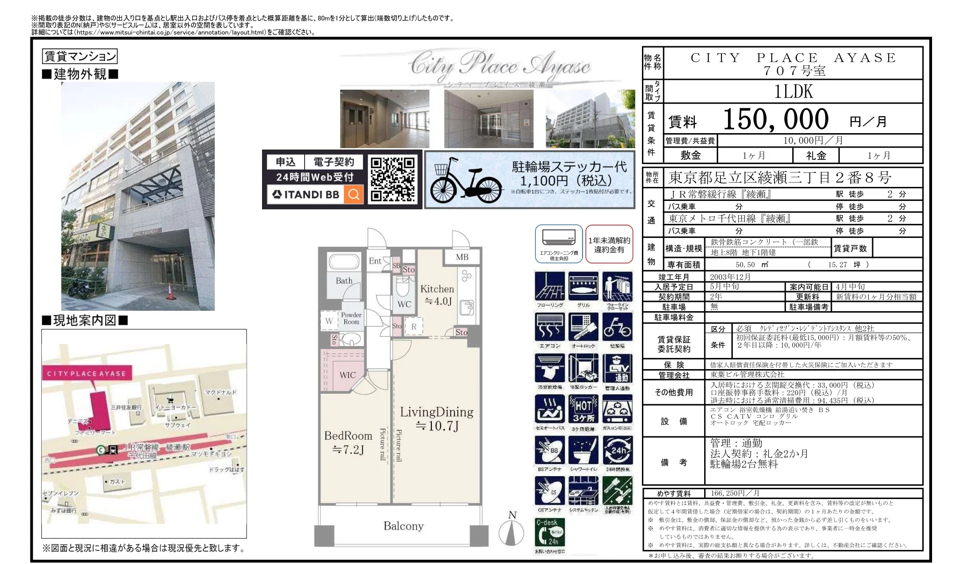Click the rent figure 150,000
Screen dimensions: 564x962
(x=775, y=120)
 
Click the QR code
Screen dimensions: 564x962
(x=393, y=179)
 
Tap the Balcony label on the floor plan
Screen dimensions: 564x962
(x=403, y=526)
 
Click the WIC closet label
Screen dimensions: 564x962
(x=347, y=375)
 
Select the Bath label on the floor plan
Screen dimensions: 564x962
(x=344, y=281)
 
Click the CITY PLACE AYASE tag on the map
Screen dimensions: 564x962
(x=86, y=373)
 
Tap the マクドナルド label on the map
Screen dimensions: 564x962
(x=221, y=393)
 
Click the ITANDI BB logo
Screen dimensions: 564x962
(x=306, y=194)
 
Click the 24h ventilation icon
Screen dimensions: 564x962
(x=618, y=451)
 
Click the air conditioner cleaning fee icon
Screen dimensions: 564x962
(x=558, y=243)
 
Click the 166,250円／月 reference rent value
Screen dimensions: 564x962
(x=735, y=493)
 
